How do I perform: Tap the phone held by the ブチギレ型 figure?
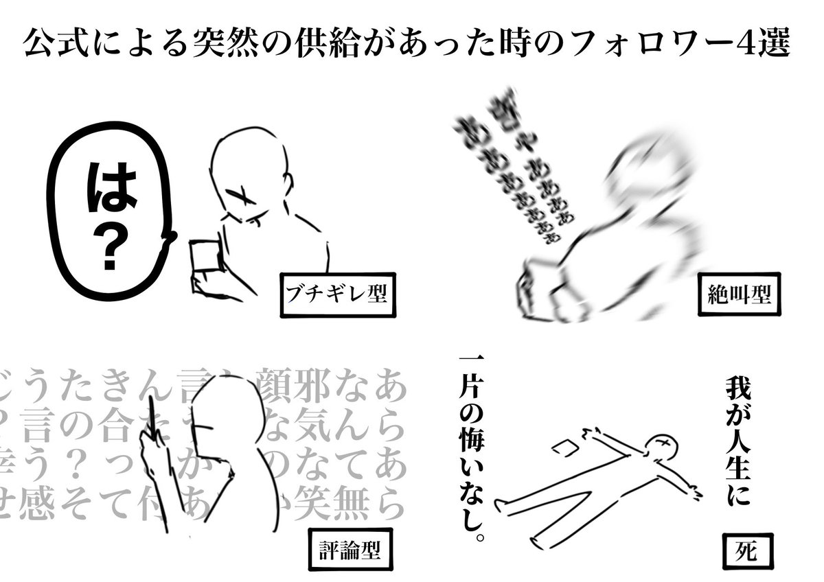(x=204, y=258)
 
